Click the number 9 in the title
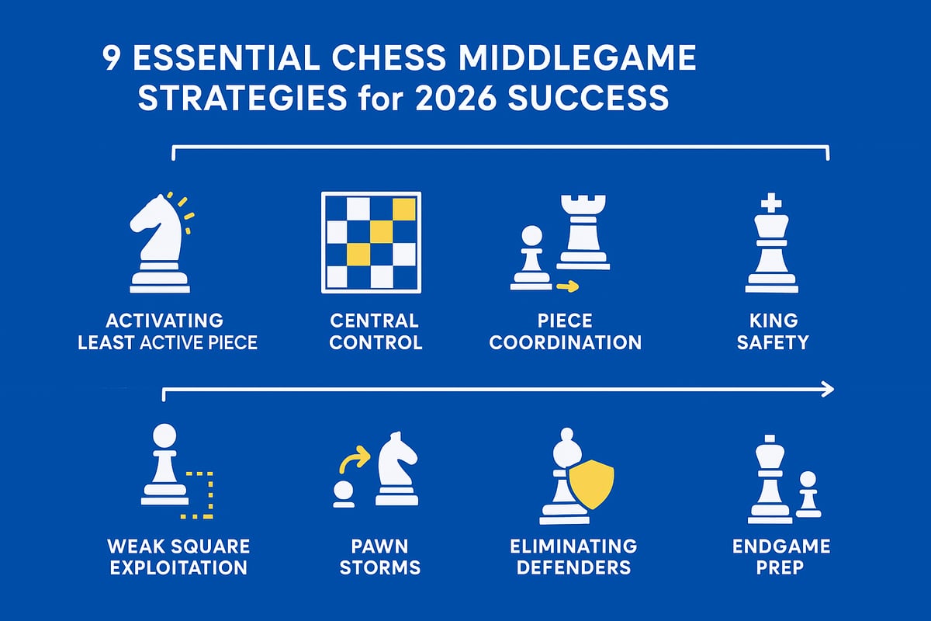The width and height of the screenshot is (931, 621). pos(113,60)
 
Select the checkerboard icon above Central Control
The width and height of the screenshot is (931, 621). pos(371,242)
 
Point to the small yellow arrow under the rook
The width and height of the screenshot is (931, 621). pos(568,287)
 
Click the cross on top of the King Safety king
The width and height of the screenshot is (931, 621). pos(771,204)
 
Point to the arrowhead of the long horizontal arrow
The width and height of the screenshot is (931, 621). pos(828,389)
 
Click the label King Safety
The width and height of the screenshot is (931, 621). pos(772,331)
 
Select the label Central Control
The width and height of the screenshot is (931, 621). pos(375,331)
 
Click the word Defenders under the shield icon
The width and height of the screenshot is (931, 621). pos(573,567)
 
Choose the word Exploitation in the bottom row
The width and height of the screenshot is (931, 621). pos(178,567)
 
